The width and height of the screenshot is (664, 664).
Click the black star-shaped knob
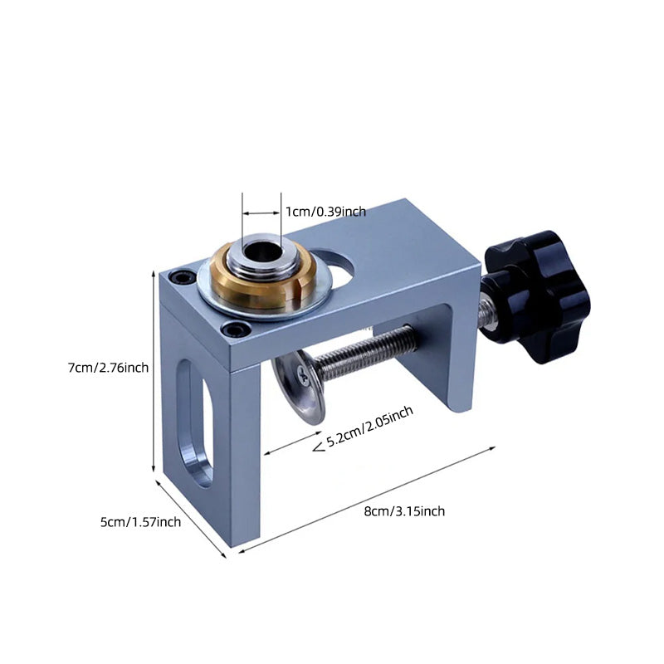[x=538, y=296]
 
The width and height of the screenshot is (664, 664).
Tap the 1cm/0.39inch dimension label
[x=325, y=212]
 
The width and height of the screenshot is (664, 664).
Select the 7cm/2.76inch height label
[x=109, y=368]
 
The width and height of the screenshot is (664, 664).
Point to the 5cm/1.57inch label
[x=140, y=522]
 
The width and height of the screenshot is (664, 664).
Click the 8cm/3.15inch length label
[x=404, y=511]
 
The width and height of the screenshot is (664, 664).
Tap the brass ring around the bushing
[x=261, y=276]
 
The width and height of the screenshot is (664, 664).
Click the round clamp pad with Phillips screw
[x=299, y=386]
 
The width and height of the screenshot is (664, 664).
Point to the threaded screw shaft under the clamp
[x=364, y=352]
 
